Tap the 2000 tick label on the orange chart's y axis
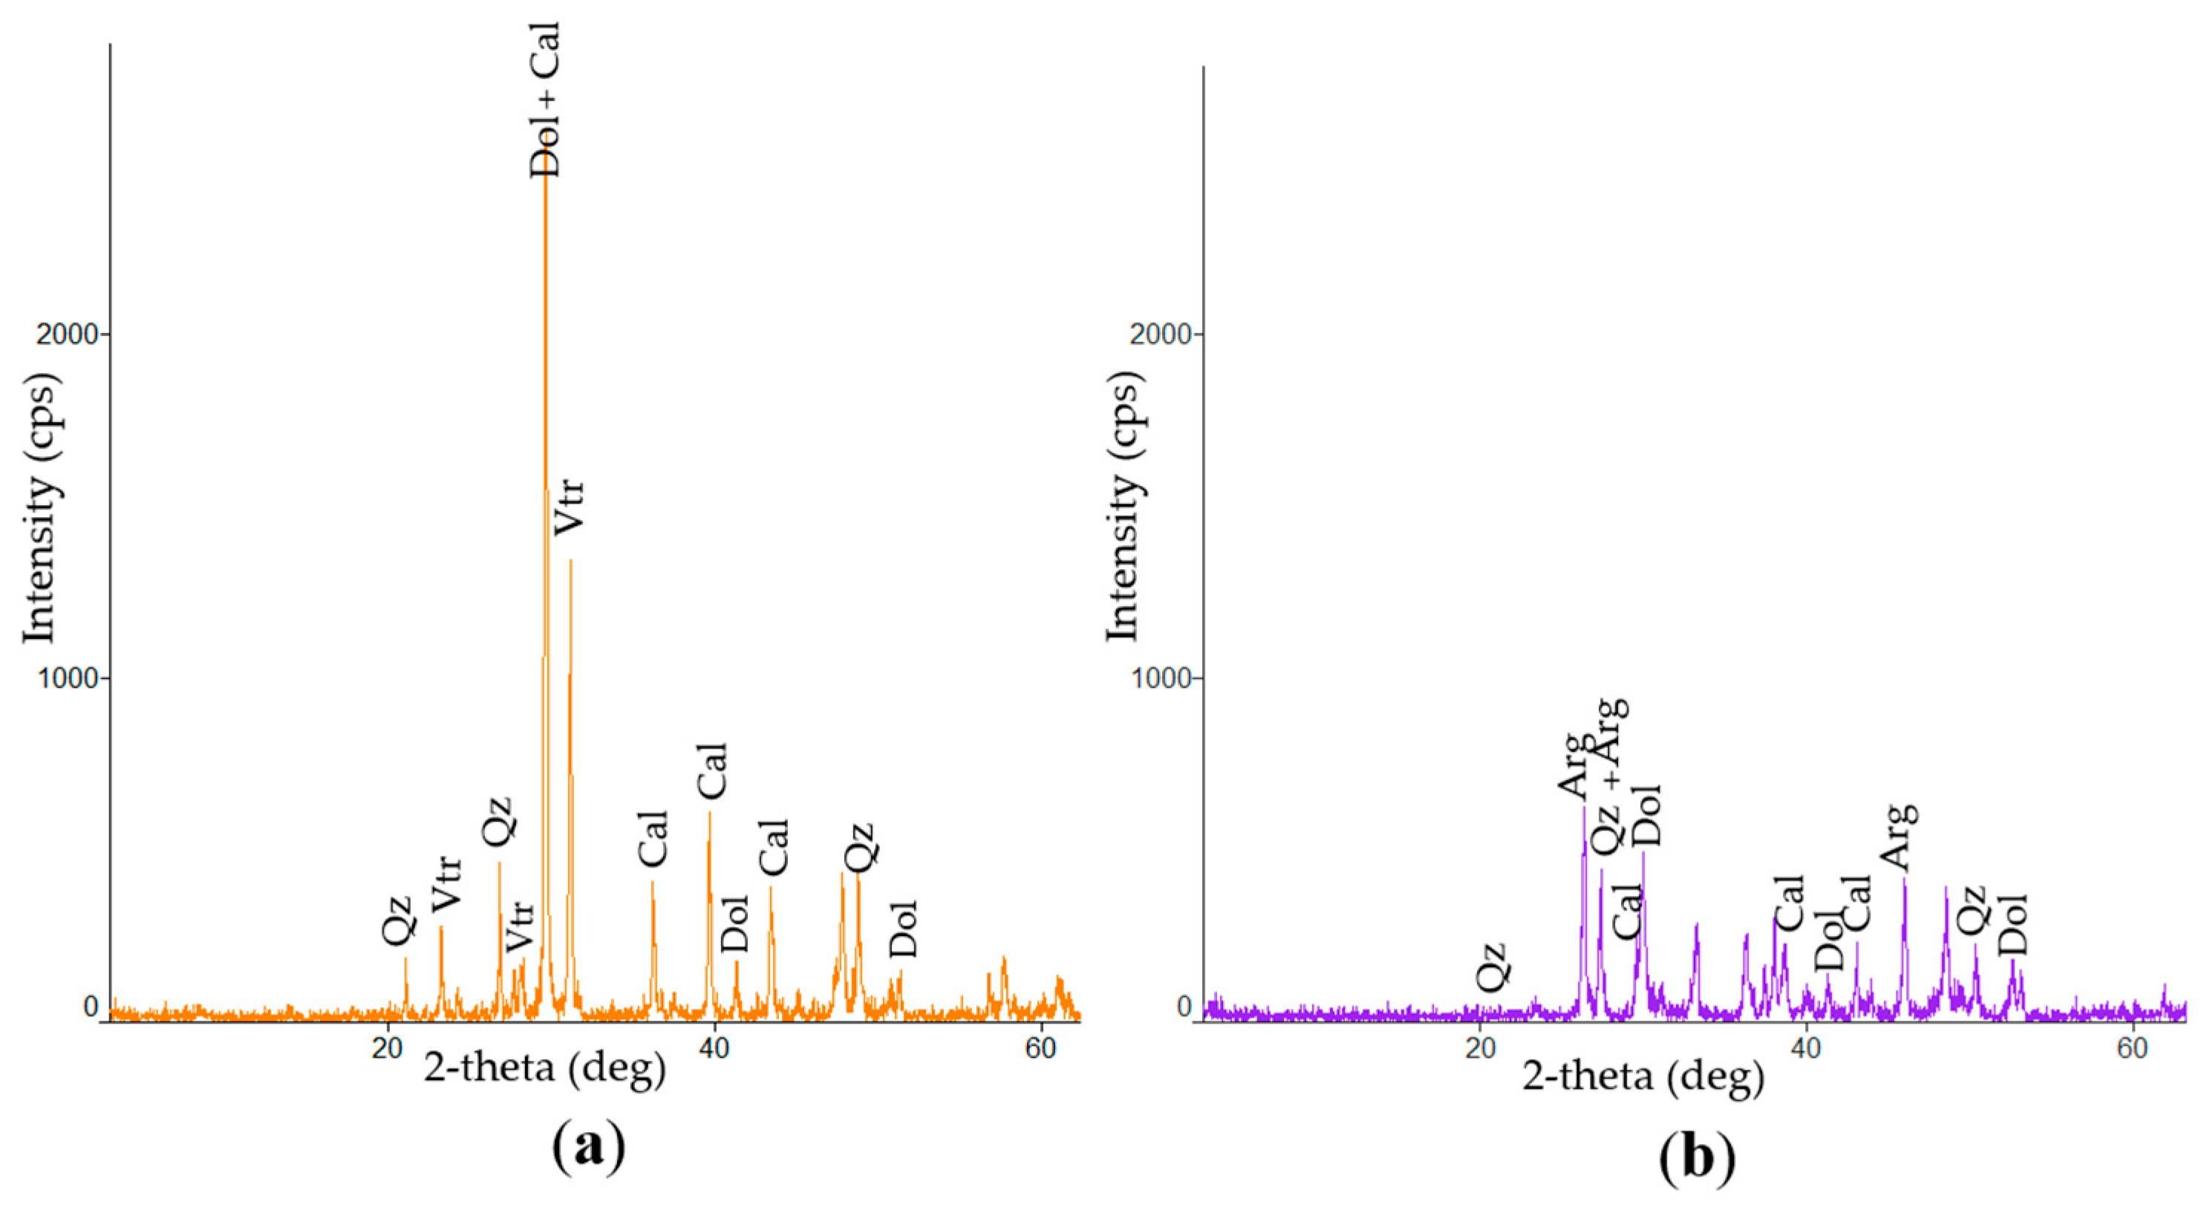pyautogui.click(x=68, y=334)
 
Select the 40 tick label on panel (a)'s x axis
pyautogui.click(x=714, y=1048)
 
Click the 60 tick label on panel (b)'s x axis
pyautogui.click(x=2133, y=1048)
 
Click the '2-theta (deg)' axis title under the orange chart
pyautogui.click(x=545, y=1070)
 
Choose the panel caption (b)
pyautogui.click(x=1698, y=1160)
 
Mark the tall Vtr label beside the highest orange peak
pyautogui.click(x=569, y=507)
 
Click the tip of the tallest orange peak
pyautogui.click(x=545, y=184)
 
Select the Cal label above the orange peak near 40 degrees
pyautogui.click(x=711, y=771)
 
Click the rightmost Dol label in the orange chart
pyautogui.click(x=904, y=929)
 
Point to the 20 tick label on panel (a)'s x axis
pyautogui.click(x=388, y=1048)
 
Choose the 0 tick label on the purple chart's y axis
pyautogui.click(x=1185, y=1007)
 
